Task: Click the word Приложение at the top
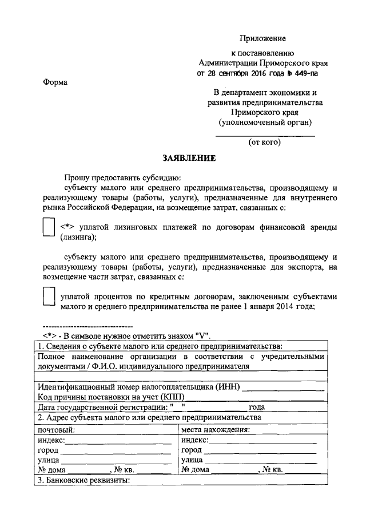tap(261, 38)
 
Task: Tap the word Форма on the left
tap(55, 82)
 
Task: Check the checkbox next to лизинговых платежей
tap(49, 229)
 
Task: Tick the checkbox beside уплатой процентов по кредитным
tap(49, 296)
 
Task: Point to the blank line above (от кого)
tap(264, 135)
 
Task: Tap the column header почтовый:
tap(56, 430)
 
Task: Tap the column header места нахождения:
tap(217, 430)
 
